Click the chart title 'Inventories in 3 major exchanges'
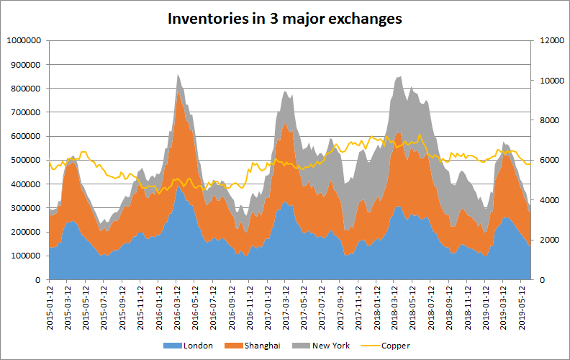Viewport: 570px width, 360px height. click(x=284, y=19)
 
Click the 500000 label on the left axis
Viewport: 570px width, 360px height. click(x=24, y=161)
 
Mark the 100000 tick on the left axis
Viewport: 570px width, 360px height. click(x=24, y=256)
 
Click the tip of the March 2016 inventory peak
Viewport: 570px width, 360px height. click(x=178, y=74)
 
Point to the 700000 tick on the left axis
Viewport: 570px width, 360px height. click(x=24, y=113)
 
